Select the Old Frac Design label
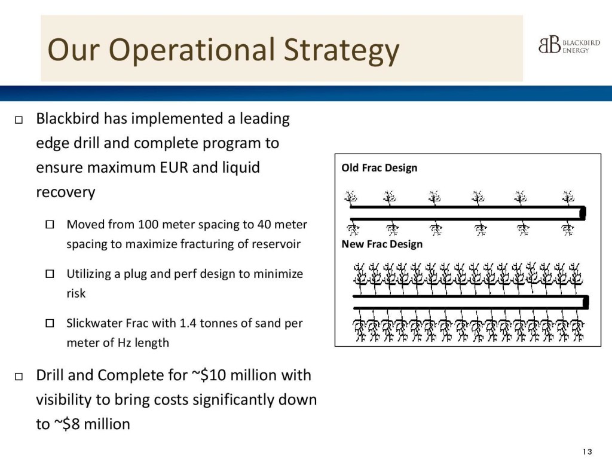click(379, 168)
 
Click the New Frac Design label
click(382, 244)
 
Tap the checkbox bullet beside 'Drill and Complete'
click(18, 377)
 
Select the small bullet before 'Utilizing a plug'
click(50, 274)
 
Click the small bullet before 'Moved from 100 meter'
click(50, 225)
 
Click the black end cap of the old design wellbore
click(583, 213)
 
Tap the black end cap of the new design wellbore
click(586, 302)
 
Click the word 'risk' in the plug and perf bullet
click(76, 293)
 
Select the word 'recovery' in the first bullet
click(66, 192)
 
